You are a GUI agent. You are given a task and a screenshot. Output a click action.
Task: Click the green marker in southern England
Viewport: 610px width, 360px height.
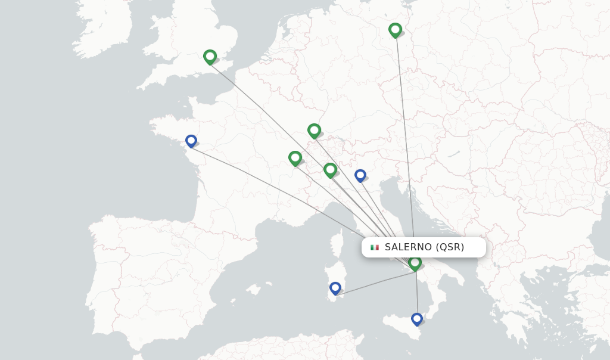[x=210, y=57]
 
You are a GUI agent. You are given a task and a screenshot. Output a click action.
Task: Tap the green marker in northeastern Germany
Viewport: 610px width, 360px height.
[x=395, y=30]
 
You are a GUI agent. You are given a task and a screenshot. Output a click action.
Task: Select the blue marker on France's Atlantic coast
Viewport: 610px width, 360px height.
[x=191, y=141]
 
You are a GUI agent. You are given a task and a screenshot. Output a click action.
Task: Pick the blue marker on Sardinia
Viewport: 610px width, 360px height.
[x=335, y=288]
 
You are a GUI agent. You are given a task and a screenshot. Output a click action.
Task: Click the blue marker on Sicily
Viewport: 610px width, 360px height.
[x=417, y=319]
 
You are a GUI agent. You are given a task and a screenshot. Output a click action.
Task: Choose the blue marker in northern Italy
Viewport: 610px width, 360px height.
[x=360, y=175]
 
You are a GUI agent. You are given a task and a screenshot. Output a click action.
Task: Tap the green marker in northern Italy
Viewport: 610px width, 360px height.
[x=330, y=170]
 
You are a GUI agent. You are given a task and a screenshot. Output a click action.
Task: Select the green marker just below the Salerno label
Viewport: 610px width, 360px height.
[x=415, y=262]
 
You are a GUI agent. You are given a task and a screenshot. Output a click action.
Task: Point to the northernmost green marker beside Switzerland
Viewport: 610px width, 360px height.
[x=314, y=130]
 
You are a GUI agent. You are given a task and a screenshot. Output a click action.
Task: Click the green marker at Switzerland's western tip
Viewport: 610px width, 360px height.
[x=295, y=158]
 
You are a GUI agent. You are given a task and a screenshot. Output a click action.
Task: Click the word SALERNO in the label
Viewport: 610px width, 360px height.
[x=409, y=247]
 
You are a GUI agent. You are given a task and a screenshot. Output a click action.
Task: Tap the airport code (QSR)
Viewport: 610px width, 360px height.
[x=450, y=247]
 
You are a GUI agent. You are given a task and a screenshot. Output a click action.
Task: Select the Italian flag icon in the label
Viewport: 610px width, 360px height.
[x=375, y=247]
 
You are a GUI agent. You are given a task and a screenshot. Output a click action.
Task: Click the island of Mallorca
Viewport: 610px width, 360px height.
[x=254, y=290]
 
